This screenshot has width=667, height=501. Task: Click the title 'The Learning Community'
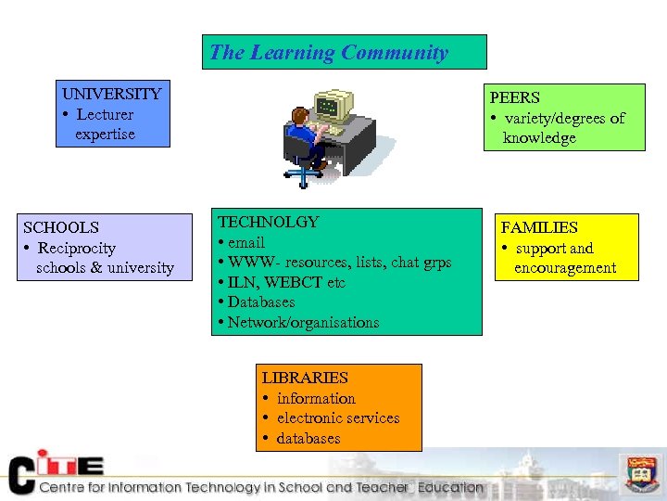tap(329, 53)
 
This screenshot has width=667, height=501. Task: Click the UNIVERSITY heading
tap(111, 94)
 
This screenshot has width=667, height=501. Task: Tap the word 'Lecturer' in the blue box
tap(105, 114)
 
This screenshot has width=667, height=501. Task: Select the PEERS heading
tap(515, 97)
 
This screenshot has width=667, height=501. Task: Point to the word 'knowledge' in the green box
tap(539, 138)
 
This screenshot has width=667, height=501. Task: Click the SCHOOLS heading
tap(61, 227)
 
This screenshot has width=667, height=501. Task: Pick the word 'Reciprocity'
tap(76, 248)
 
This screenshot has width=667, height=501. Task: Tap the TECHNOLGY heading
tap(268, 222)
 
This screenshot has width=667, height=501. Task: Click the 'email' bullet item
tap(245, 242)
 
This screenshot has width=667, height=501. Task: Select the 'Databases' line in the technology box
tap(260, 302)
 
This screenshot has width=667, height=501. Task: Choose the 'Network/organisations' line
tap(303, 323)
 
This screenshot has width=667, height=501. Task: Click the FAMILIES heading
tap(539, 227)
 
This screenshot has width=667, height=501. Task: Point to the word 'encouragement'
tap(565, 268)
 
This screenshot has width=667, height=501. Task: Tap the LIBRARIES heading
tap(305, 378)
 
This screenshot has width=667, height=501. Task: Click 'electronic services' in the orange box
tap(338, 418)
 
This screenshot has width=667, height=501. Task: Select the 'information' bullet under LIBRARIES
tap(316, 398)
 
